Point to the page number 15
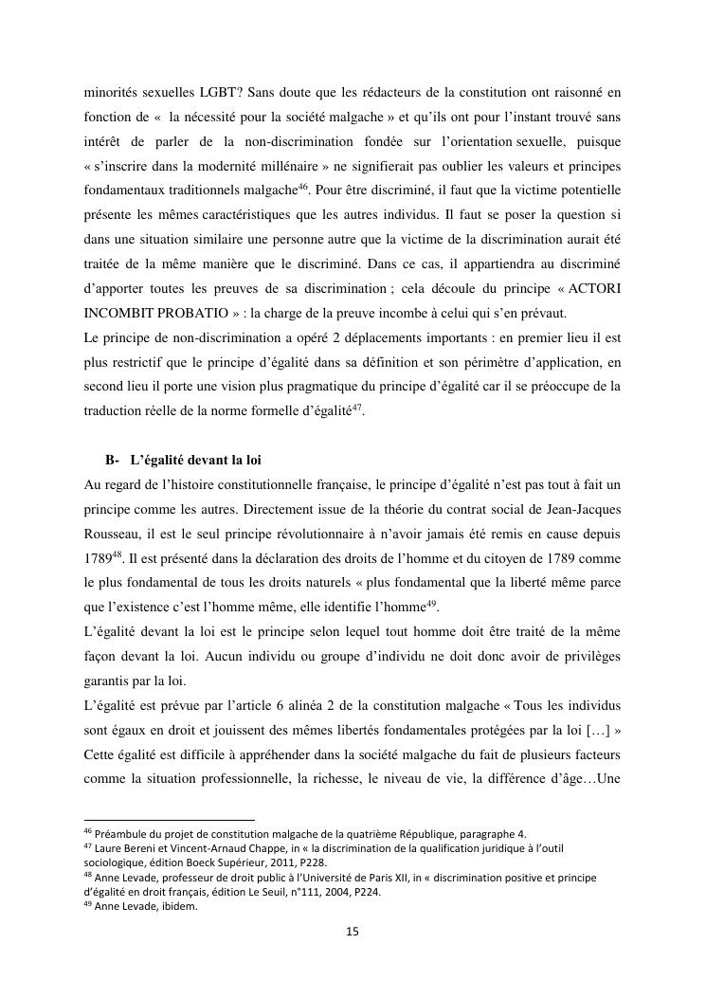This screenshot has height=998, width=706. pyautogui.click(x=353, y=932)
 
